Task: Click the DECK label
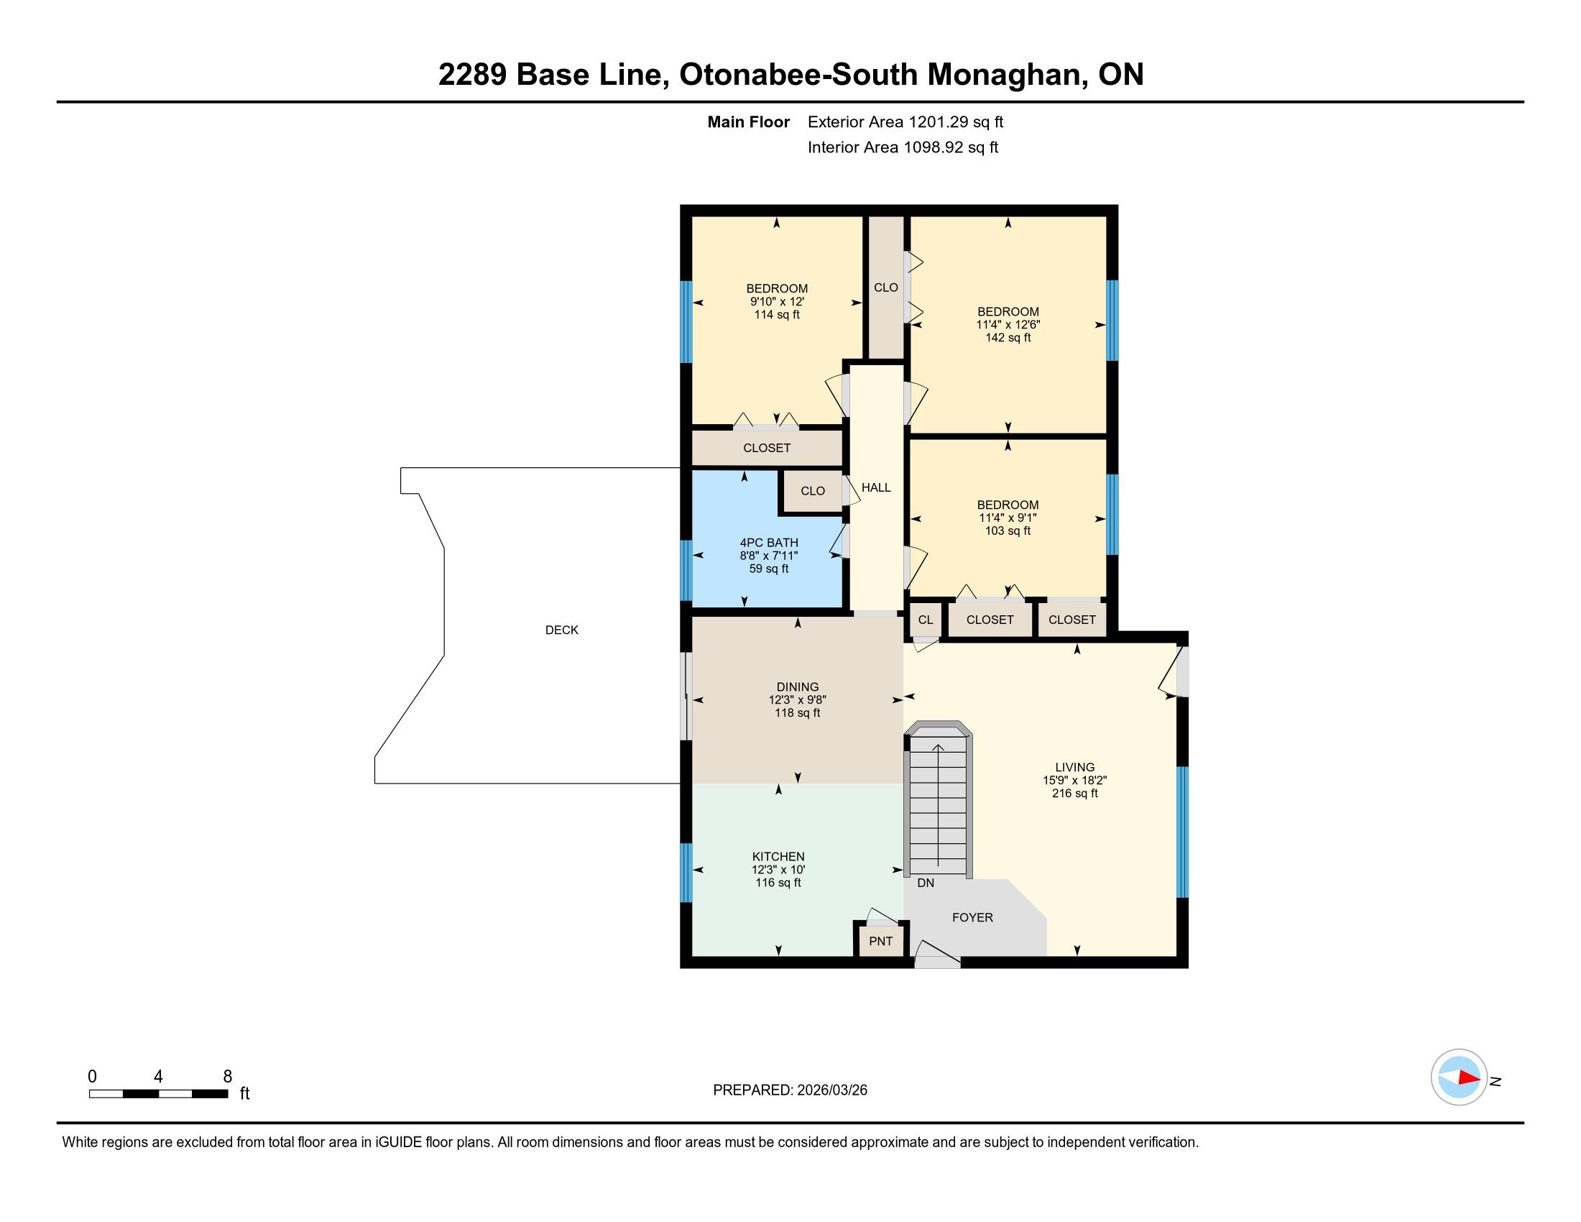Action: pos(562,630)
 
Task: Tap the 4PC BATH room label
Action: pos(769,543)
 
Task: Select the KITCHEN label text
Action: pos(778,856)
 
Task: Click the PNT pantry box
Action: pos(880,941)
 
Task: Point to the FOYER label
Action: pos(972,917)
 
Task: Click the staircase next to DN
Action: pos(937,799)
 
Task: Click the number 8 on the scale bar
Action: pos(227,1077)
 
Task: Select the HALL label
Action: pos(876,488)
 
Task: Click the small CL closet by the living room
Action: pos(925,620)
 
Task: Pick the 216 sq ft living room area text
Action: pos(1075,794)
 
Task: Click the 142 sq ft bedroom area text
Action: pos(1008,337)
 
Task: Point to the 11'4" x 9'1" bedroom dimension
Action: pos(1008,518)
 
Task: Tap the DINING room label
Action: pos(798,687)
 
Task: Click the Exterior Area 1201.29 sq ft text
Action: pos(905,122)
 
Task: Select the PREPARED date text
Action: pos(790,1090)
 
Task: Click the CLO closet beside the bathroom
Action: pos(812,491)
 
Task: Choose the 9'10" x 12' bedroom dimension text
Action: pos(777,301)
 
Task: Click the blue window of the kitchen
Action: pos(686,873)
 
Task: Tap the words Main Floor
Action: pos(749,122)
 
